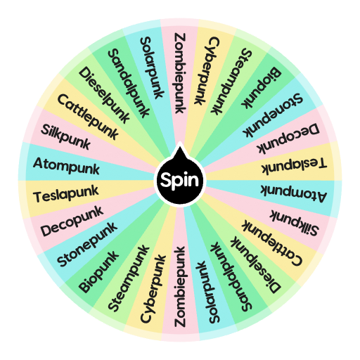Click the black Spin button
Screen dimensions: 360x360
tap(179, 180)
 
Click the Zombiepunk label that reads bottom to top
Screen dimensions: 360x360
tap(179, 287)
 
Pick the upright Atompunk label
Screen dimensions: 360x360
tap(76, 167)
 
